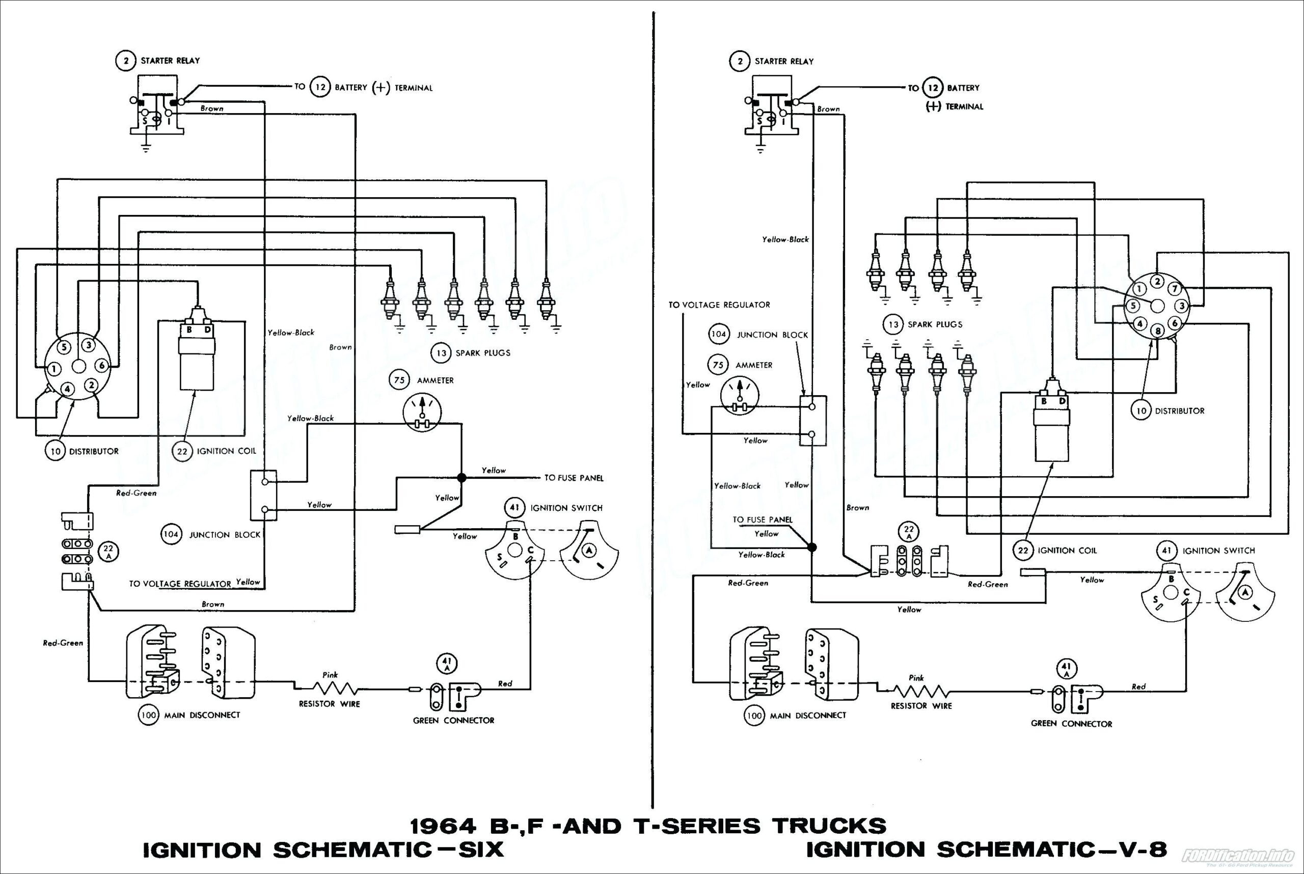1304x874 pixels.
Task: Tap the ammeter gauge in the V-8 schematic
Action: (x=739, y=395)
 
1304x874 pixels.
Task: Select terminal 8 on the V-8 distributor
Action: (x=1158, y=331)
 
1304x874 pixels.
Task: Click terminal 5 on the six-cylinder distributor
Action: (x=64, y=347)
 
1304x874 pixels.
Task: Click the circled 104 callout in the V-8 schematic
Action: (x=719, y=335)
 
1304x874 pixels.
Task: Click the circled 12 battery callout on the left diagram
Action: (x=320, y=87)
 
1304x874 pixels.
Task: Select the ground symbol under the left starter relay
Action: (x=146, y=149)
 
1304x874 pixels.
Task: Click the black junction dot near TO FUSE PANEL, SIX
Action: (x=461, y=478)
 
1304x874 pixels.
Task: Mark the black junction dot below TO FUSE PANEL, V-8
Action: (x=812, y=548)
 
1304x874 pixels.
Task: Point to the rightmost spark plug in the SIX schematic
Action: (x=546, y=304)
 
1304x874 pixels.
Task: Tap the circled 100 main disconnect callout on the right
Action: (x=754, y=715)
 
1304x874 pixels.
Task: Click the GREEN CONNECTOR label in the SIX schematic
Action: (x=453, y=720)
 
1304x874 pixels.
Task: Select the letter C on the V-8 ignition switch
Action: (x=1186, y=592)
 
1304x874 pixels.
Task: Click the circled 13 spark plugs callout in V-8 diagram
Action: (x=893, y=324)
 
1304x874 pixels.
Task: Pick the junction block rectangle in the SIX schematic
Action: (x=264, y=495)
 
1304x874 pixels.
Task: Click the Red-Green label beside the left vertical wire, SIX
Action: (x=63, y=643)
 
